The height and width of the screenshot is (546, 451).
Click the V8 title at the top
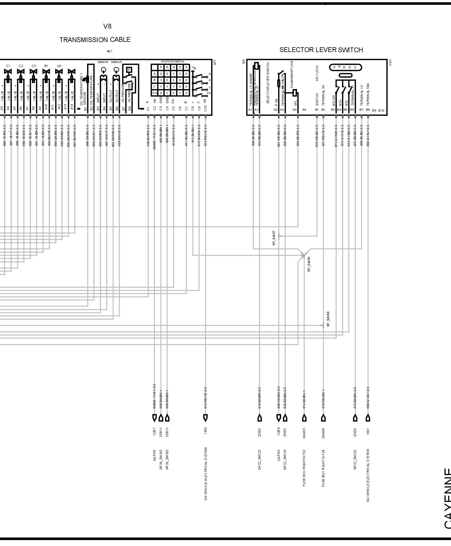pos(107,26)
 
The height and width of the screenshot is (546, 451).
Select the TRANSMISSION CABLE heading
pos(95,40)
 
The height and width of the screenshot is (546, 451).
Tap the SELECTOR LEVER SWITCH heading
pos(321,50)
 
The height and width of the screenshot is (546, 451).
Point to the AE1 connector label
pos(110,51)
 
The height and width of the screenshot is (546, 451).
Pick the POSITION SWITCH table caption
pos(172,62)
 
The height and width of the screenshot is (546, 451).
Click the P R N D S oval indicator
pos(345,68)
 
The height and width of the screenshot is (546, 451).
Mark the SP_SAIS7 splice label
pos(274,238)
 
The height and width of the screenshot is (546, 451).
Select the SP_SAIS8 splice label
pos(328,319)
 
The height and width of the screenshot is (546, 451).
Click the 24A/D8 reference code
pos(323,433)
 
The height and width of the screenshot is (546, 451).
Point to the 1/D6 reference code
pos(205,431)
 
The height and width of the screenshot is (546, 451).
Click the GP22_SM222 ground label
pos(355,460)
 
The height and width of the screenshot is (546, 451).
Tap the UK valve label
pos(59,66)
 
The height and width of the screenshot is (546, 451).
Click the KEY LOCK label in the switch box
pos(317,73)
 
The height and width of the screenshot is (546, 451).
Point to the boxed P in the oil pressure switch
pos(129,70)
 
